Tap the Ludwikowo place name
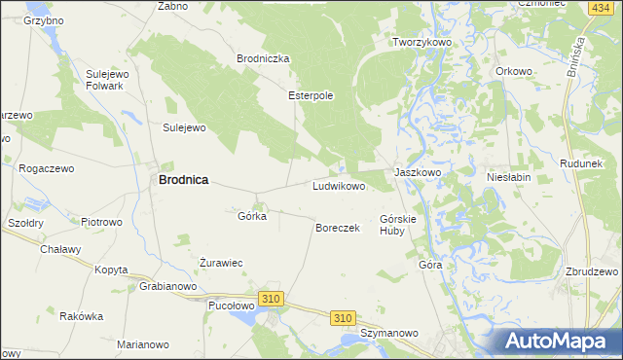[x=338, y=186]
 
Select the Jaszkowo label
[x=418, y=172]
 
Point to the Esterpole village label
[x=311, y=96]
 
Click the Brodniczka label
[x=264, y=58]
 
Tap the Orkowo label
[x=513, y=71]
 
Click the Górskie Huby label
[x=398, y=225]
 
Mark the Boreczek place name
[x=338, y=228]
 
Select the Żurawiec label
[x=220, y=263]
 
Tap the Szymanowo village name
[x=388, y=333]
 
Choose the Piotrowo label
[x=101, y=222]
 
